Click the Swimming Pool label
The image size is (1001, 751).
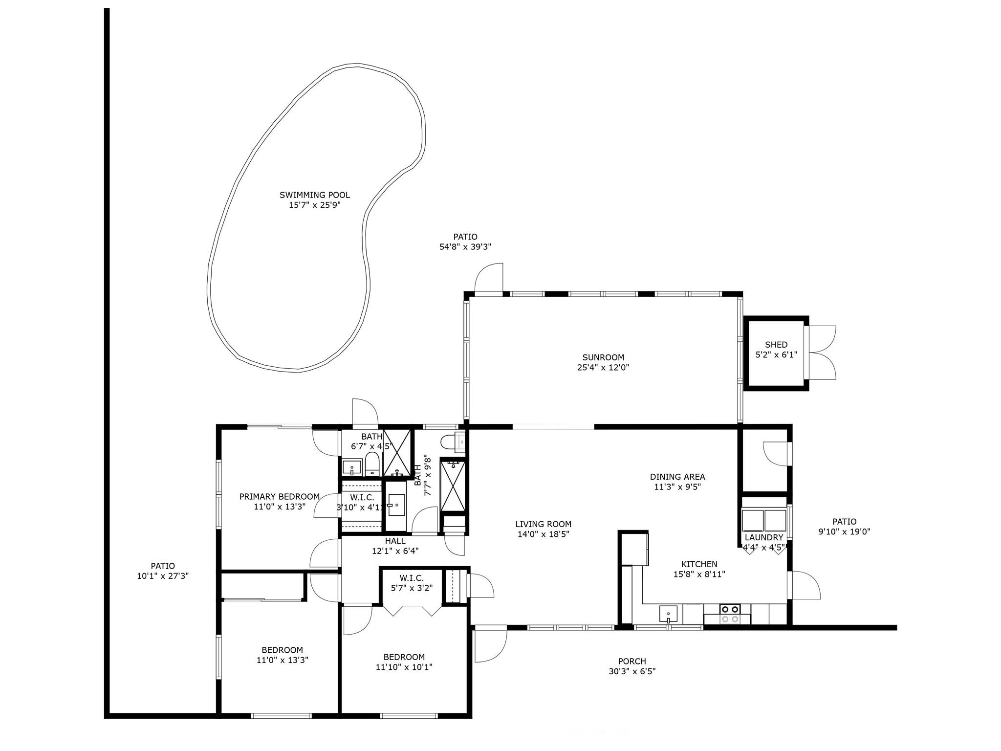pos(315,195)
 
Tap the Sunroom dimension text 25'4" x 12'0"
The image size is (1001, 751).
pos(603,368)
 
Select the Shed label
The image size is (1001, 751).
pos(776,345)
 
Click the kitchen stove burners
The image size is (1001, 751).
pos(730,614)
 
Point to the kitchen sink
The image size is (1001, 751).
pos(668,614)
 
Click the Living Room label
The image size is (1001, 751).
pos(543,524)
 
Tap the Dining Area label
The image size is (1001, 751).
pos(677,477)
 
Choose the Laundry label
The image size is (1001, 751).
pos(764,537)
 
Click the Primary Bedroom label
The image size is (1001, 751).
pos(280,497)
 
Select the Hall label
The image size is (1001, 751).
pos(395,541)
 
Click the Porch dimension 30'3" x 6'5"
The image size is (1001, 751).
pos(632,672)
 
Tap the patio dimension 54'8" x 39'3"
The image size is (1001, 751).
pos(465,247)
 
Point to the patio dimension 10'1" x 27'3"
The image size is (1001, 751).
pos(163,576)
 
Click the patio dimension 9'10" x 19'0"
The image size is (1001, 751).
pos(845,532)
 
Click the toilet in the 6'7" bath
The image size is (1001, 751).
pos(372,463)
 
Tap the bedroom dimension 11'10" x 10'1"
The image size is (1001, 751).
pos(404,667)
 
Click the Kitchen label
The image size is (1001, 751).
pos(699,564)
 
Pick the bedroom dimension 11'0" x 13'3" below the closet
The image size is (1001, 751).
pos(283,660)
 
